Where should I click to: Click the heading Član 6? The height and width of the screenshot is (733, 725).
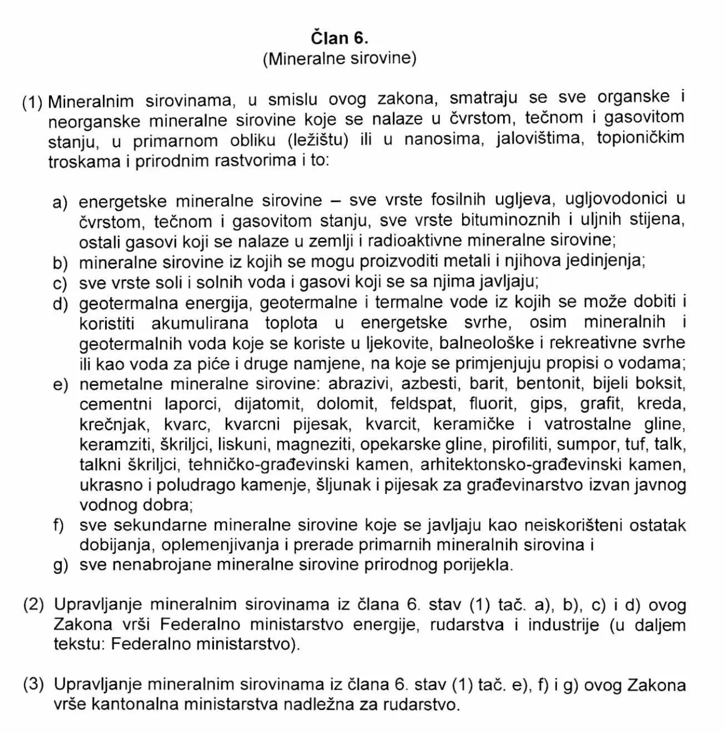(340, 38)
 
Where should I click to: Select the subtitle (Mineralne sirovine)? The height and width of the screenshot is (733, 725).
(339, 58)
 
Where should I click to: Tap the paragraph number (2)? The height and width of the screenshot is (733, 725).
(33, 605)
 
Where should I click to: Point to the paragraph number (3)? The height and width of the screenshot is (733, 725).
(33, 684)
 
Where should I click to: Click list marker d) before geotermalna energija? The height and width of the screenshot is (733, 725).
(61, 304)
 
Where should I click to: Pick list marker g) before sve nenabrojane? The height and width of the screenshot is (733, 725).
(61, 566)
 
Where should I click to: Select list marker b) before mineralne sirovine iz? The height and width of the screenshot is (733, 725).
(61, 262)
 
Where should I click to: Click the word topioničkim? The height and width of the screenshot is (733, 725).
(640, 138)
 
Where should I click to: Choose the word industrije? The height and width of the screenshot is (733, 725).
(564, 625)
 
